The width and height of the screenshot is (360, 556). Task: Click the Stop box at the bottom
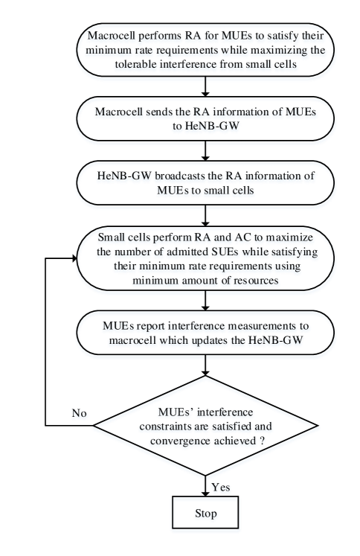coord(205,514)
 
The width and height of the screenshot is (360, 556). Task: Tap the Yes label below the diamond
coord(221,487)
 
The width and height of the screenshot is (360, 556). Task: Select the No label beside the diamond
coord(80,414)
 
